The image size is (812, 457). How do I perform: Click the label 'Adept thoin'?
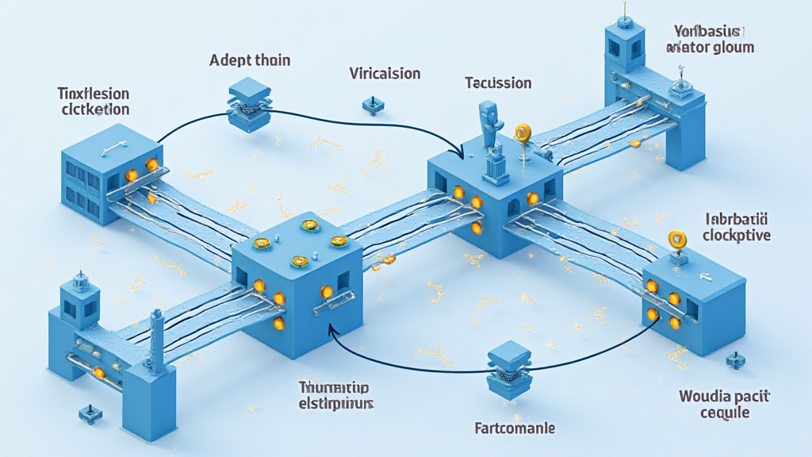[250, 60]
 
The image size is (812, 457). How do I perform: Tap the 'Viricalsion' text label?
[385, 74]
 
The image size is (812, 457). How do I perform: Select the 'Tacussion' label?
[498, 83]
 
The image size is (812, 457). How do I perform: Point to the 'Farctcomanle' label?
[514, 428]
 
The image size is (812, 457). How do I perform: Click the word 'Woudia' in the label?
[704, 396]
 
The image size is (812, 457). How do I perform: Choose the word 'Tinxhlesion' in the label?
[94, 93]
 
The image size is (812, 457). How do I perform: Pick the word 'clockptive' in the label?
[737, 235]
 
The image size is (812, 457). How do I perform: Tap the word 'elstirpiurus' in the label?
[336, 403]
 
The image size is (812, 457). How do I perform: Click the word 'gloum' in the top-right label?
[732, 47]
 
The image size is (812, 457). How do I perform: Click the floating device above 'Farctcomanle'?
[508, 370]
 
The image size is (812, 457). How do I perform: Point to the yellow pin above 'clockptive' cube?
[676, 238]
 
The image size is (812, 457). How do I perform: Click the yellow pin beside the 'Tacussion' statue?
[522, 133]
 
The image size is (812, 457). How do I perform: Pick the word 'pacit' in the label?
[749, 396]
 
